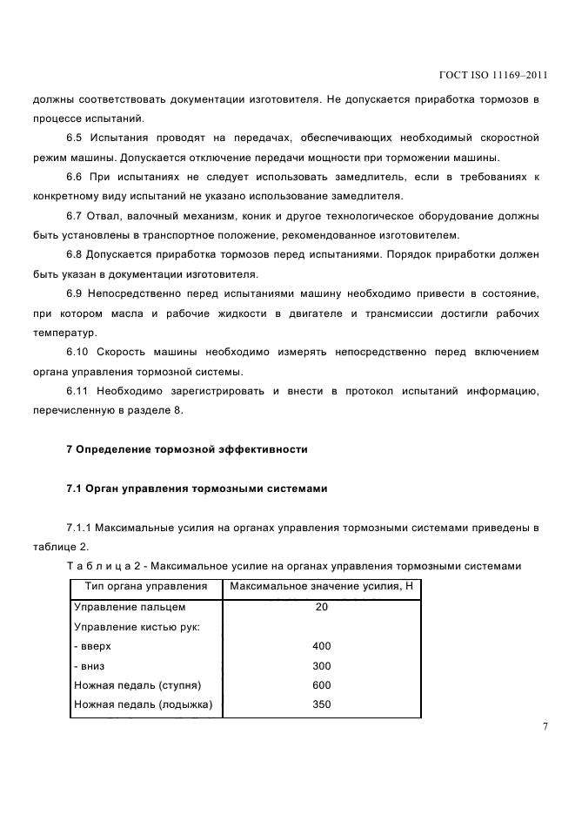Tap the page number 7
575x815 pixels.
coord(545,727)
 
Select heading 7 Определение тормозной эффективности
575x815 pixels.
coord(187,449)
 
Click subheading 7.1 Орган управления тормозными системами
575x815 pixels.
coord(197,488)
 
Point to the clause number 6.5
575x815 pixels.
coord(75,138)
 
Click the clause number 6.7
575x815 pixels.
coord(75,215)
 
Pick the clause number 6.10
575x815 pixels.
coord(78,352)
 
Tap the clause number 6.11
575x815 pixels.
coord(78,392)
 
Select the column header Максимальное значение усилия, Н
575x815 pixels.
coord(321,586)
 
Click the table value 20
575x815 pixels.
coord(322,607)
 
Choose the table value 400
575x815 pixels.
coord(322,646)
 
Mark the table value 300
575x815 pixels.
coord(322,665)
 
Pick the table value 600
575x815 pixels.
coord(322,685)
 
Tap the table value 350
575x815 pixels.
coord(322,704)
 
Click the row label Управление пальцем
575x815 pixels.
coord(130,607)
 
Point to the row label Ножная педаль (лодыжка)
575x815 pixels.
coord(144,704)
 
